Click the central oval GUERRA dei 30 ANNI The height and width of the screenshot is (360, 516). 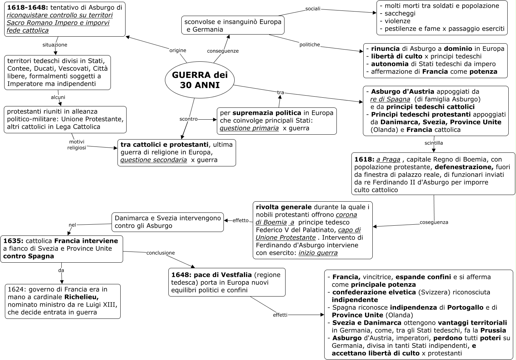pyautogui.click(x=200, y=80)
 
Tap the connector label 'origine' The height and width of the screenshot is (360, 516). pyautogui.click(x=178, y=50)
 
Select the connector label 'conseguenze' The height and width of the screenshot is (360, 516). pyautogui.click(x=223, y=51)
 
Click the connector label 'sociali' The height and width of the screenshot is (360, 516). pyautogui.click(x=313, y=9)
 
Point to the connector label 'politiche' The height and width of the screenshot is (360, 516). pyautogui.click(x=310, y=45)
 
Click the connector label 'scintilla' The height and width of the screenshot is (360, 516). pyautogui.click(x=434, y=143)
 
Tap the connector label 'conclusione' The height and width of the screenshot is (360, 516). pyautogui.click(x=160, y=253)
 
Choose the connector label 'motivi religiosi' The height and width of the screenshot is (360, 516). pyautogui.click(x=77, y=145)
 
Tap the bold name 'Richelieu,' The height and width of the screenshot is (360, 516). pyautogui.click(x=82, y=297)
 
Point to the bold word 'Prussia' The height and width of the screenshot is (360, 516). pyautogui.click(x=493, y=330)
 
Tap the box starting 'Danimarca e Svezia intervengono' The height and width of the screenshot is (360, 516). pyautogui.click(x=167, y=222)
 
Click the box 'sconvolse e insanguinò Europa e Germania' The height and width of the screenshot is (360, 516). pyautogui.click(x=233, y=25)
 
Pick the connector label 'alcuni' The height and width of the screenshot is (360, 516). pyautogui.click(x=58, y=97)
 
